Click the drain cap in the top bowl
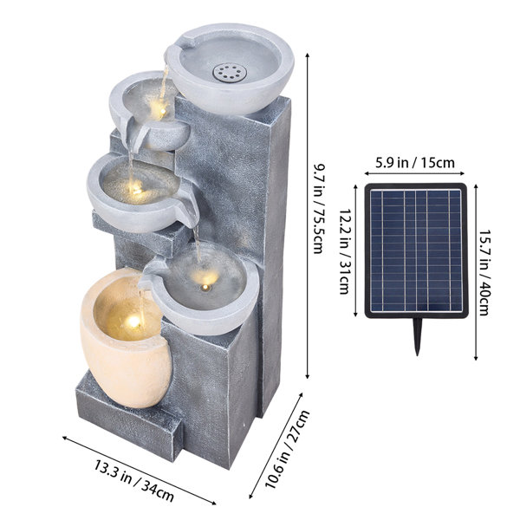click(x=230, y=73)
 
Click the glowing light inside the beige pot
click(x=133, y=321)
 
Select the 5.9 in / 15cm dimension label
click(x=414, y=163)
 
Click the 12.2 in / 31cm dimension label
click(x=345, y=251)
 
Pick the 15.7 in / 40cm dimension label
click(x=485, y=273)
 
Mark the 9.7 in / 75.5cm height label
click(x=318, y=209)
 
